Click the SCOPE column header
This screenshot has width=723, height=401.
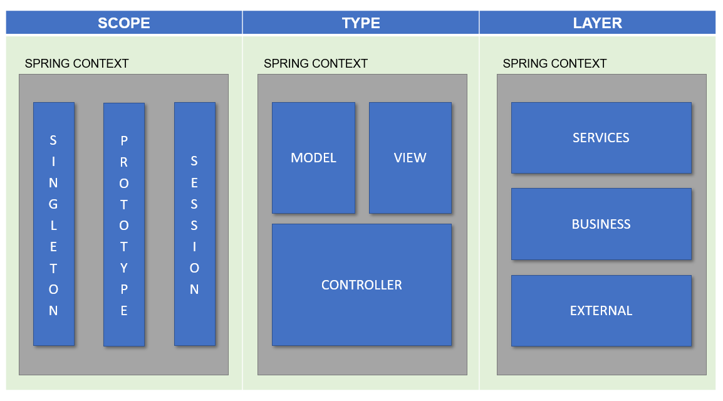tap(124, 23)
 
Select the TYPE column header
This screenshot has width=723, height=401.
tap(361, 23)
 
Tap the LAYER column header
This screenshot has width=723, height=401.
tap(597, 23)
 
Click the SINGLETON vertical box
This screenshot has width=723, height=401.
tap(54, 224)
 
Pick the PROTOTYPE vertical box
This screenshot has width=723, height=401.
tap(124, 224)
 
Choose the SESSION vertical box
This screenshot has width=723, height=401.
tap(194, 224)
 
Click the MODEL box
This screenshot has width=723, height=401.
tap(313, 158)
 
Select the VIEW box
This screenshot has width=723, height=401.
tap(410, 158)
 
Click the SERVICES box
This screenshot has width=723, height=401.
tap(601, 138)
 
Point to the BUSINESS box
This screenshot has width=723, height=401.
tap(601, 224)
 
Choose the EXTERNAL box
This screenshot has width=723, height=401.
tap(601, 311)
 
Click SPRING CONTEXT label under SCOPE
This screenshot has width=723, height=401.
tap(76, 64)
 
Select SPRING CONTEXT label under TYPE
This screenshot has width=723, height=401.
tap(316, 64)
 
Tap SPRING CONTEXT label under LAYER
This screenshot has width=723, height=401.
tap(554, 64)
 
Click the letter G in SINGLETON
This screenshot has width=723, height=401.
tap(54, 204)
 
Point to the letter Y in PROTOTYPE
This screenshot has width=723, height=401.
tap(124, 268)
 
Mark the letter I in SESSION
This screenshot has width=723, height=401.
tap(194, 247)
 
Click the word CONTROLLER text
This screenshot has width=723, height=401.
tap(361, 285)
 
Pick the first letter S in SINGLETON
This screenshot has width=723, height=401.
tap(54, 140)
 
